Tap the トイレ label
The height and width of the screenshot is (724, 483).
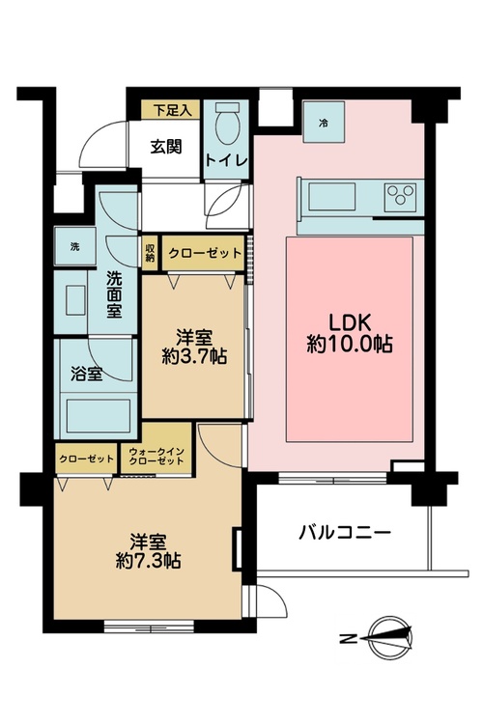click(x=227, y=160)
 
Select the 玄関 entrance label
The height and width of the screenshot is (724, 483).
click(x=166, y=147)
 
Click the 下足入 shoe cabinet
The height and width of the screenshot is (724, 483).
click(x=171, y=110)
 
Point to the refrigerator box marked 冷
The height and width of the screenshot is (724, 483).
click(x=324, y=123)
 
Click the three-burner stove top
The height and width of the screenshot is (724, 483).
click(x=400, y=194)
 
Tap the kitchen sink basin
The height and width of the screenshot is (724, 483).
click(x=332, y=196)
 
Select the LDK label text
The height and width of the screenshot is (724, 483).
click(x=350, y=321)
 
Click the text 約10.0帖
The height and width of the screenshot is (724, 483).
click(x=350, y=344)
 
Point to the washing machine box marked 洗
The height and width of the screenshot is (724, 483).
click(x=75, y=246)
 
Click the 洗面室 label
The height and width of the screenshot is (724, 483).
click(x=114, y=294)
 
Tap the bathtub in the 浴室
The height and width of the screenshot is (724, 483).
click(x=99, y=415)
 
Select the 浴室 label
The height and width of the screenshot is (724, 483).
click(x=86, y=374)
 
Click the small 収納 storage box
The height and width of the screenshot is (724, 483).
click(x=151, y=252)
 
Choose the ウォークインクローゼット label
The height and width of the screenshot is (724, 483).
click(x=157, y=457)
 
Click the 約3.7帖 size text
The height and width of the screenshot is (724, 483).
click(x=194, y=356)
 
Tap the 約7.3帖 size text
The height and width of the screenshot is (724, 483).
click(x=148, y=561)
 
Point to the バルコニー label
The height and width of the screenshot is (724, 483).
click(x=345, y=533)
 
